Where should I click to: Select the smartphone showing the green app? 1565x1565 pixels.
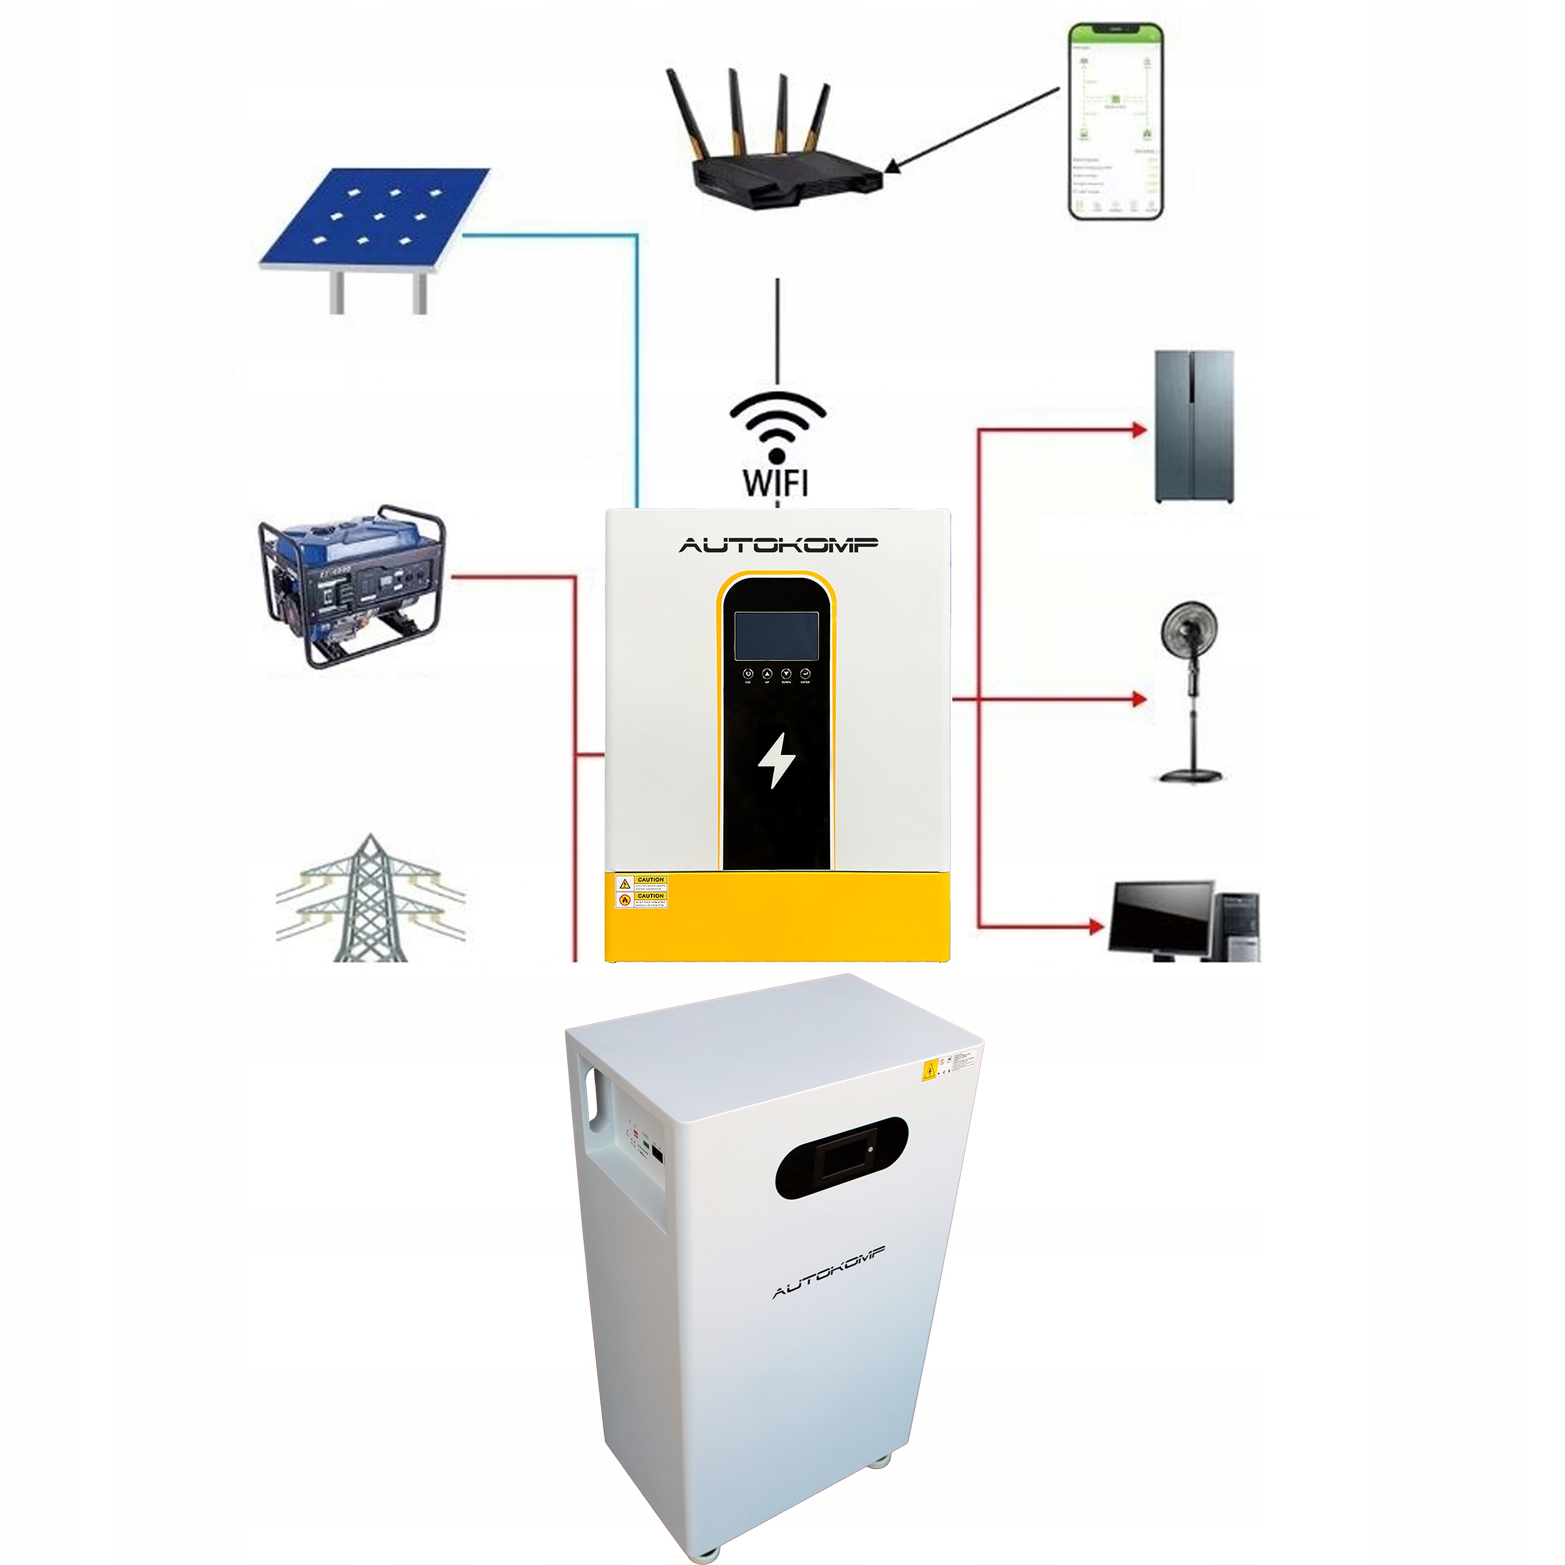[x=1116, y=122]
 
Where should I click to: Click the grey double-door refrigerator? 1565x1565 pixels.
[x=1194, y=426]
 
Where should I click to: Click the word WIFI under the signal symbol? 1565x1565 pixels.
[x=775, y=482]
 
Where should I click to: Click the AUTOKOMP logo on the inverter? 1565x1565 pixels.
[x=778, y=545]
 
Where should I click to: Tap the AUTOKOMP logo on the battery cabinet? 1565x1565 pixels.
[x=829, y=1271]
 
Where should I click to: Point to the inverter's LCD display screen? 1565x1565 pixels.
[x=776, y=636]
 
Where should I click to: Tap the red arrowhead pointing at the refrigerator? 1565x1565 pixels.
[x=1139, y=430]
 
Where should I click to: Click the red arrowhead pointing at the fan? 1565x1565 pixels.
[x=1139, y=698]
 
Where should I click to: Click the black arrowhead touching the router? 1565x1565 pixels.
[x=891, y=167]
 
